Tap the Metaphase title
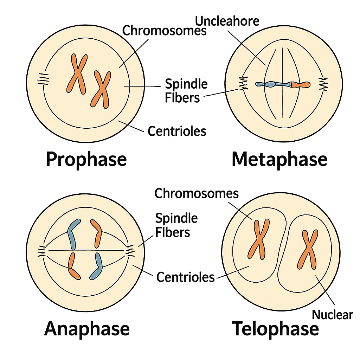click(279, 160)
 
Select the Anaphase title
click(87, 329)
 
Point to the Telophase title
click(275, 329)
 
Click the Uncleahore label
click(227, 21)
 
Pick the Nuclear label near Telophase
click(332, 315)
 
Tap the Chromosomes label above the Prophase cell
click(165, 30)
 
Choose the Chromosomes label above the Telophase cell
click(197, 193)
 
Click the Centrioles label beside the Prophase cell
click(177, 131)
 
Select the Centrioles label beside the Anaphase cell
click(186, 277)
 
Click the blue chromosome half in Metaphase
click(273, 84)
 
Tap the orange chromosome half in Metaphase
click(301, 85)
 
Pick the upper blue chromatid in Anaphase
click(73, 234)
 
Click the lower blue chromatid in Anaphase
click(96, 266)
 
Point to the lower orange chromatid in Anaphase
click(73, 266)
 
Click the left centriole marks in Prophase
click(43, 79)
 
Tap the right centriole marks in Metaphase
click(323, 84)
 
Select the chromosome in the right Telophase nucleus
click(308, 250)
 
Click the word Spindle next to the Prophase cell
click(186, 84)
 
